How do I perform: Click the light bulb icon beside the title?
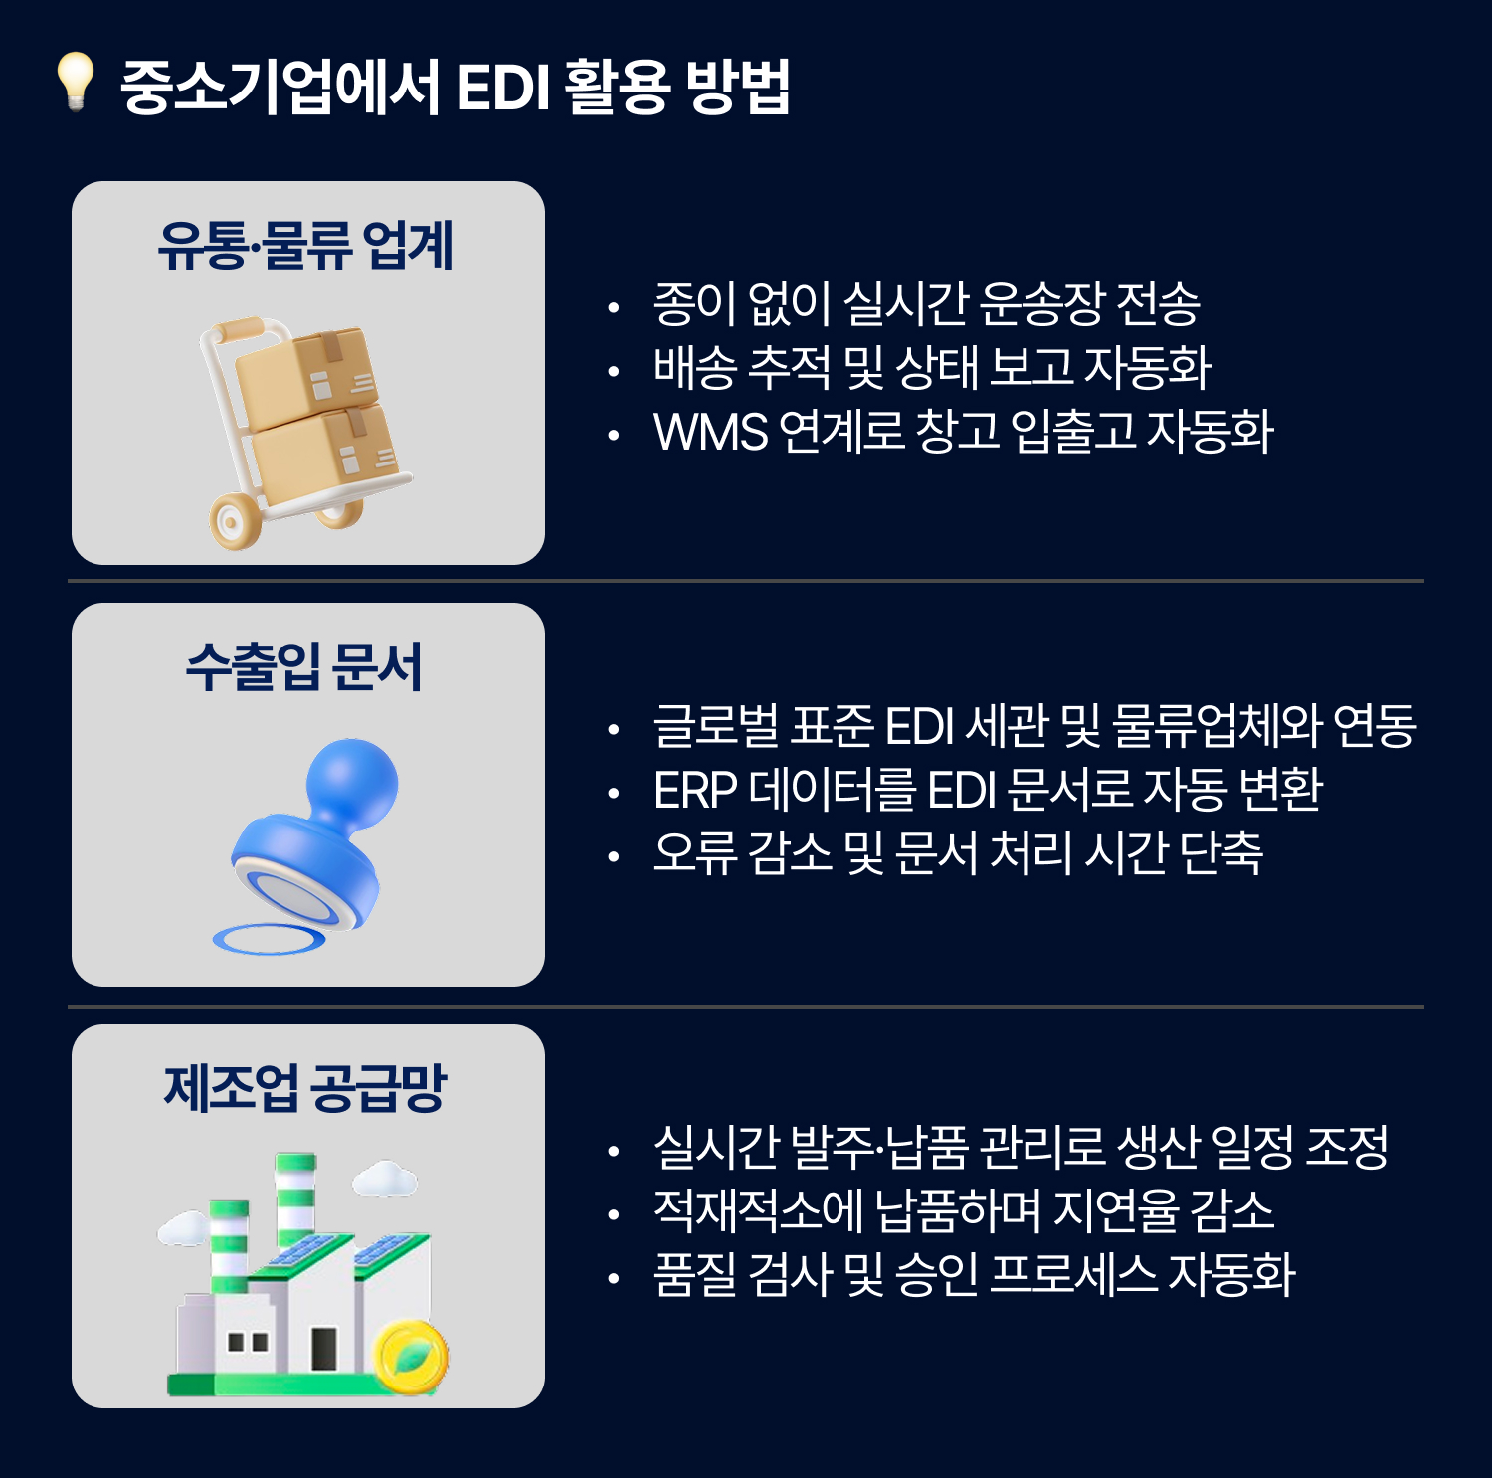click(x=75, y=81)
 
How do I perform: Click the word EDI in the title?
click(x=502, y=88)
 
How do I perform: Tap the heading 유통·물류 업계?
click(x=306, y=246)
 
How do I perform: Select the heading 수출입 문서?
click(x=304, y=666)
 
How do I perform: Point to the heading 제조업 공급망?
click(x=305, y=1087)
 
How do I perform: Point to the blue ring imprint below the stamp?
click(x=269, y=939)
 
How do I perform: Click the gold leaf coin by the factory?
click(x=411, y=1357)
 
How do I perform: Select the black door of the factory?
click(x=324, y=1349)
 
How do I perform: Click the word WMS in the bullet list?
click(x=711, y=432)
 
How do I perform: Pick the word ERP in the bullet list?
click(x=695, y=791)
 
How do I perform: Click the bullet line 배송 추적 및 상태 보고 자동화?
click(x=932, y=368)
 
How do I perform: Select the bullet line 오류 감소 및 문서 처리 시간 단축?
click(x=958, y=853)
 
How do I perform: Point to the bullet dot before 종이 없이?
click(x=614, y=308)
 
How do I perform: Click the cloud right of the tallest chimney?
click(x=384, y=1179)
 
